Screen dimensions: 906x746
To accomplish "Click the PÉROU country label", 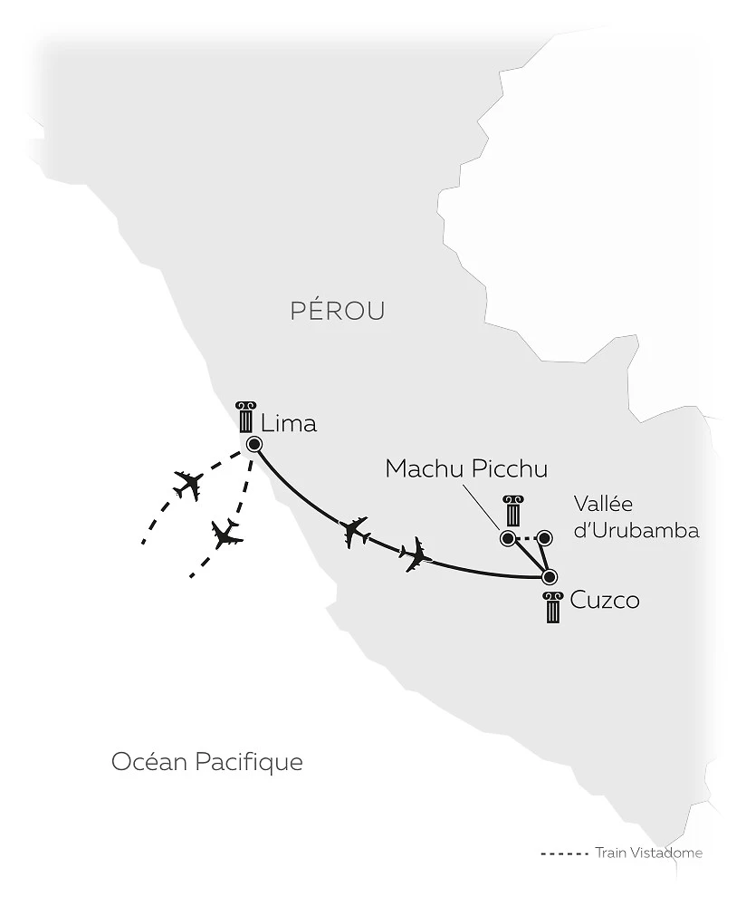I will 338,311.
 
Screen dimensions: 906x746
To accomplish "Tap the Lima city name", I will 289,423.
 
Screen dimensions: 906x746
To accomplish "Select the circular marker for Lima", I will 253,444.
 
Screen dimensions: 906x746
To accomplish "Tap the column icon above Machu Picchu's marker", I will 514,511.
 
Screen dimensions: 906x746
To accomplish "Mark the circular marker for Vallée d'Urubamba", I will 544,538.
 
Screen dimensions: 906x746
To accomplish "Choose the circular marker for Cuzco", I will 549,577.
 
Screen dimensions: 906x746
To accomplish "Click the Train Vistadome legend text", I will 649,853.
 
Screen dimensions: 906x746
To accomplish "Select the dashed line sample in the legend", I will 564,853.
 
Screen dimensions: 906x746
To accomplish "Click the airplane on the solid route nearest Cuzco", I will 416,554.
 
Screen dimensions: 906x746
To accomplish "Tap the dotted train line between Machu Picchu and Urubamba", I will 526,539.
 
